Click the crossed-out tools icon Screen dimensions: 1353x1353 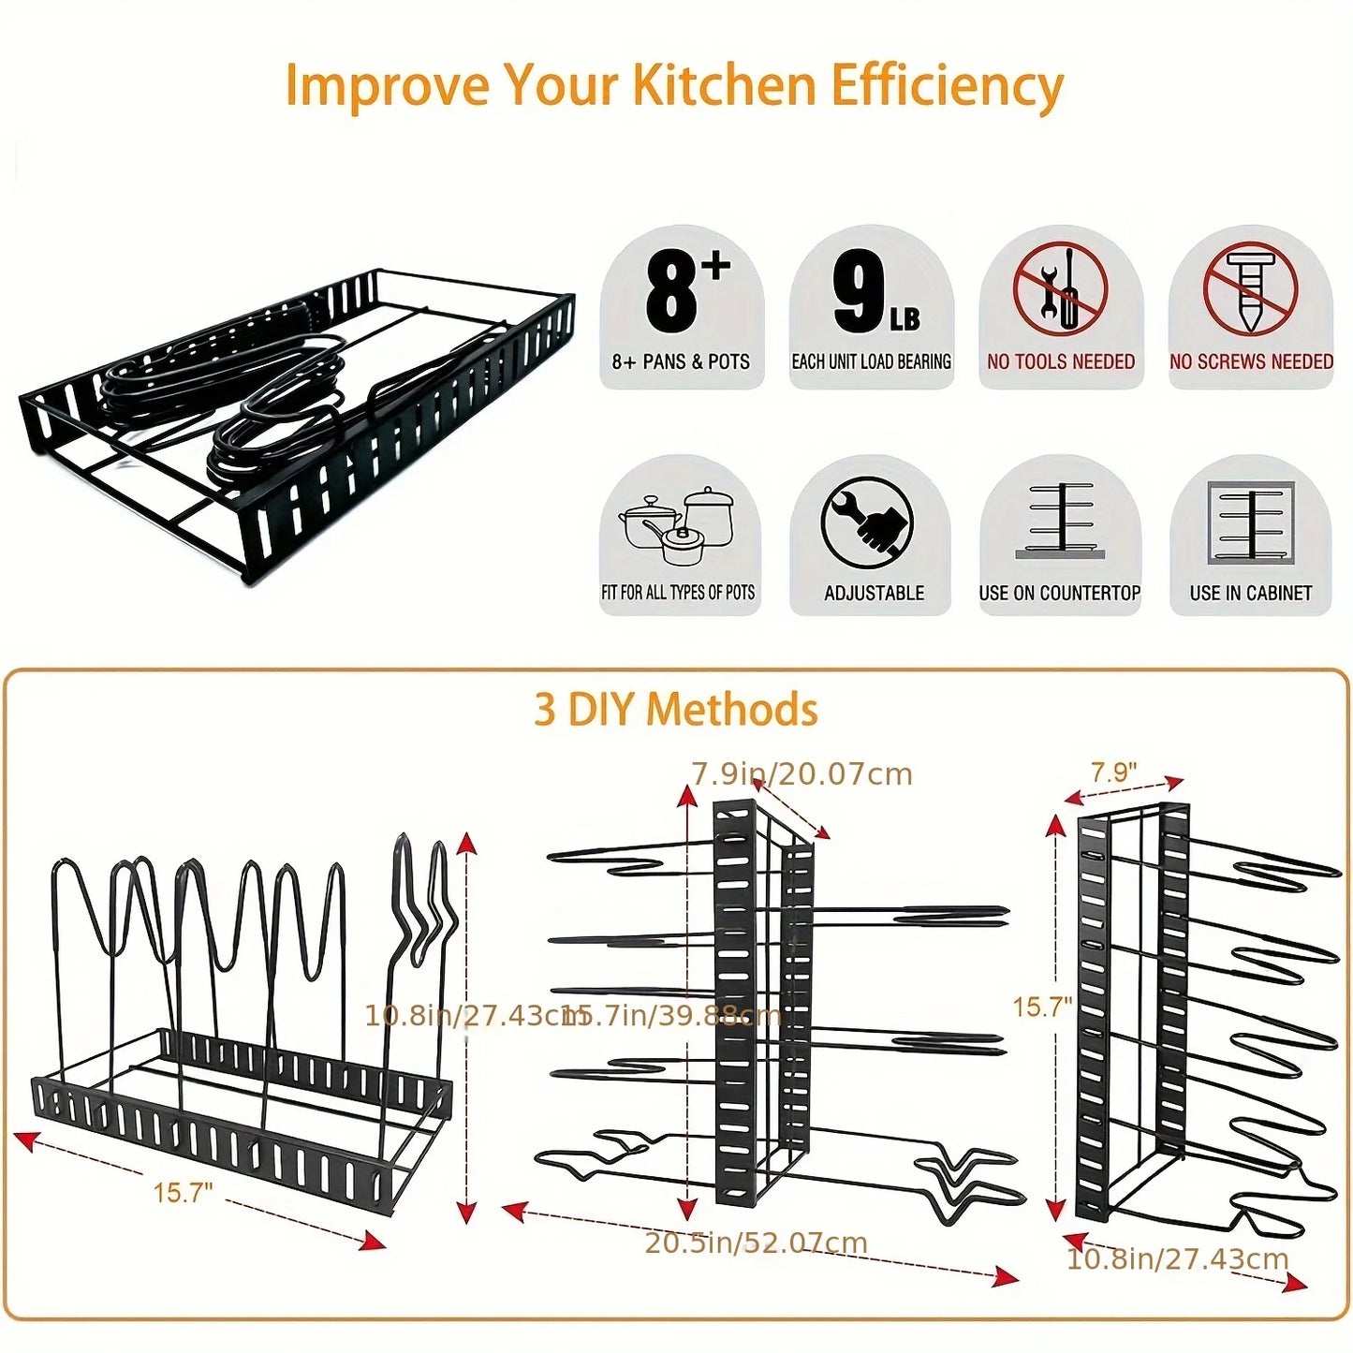tap(1060, 288)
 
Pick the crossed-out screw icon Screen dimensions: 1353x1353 tap(1250, 288)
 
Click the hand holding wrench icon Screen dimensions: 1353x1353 tap(867, 522)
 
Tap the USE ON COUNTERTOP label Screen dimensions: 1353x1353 tap(1059, 593)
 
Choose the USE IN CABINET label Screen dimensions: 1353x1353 tap(1250, 593)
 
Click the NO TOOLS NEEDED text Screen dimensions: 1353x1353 tap(1060, 361)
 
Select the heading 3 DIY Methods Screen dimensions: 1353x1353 tap(675, 710)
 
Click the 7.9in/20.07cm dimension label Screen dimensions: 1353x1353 tap(802, 774)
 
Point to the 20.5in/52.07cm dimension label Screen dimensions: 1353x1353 tap(756, 1243)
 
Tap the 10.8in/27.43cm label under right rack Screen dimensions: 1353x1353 tap(1177, 1259)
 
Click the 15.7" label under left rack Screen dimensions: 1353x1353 tap(183, 1193)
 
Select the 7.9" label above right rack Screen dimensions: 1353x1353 tap(1113, 772)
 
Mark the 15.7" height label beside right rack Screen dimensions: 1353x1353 tap(1041, 1007)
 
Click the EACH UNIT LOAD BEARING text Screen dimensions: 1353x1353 tap(871, 361)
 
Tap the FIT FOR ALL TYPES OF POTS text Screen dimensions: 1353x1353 tap(678, 593)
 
